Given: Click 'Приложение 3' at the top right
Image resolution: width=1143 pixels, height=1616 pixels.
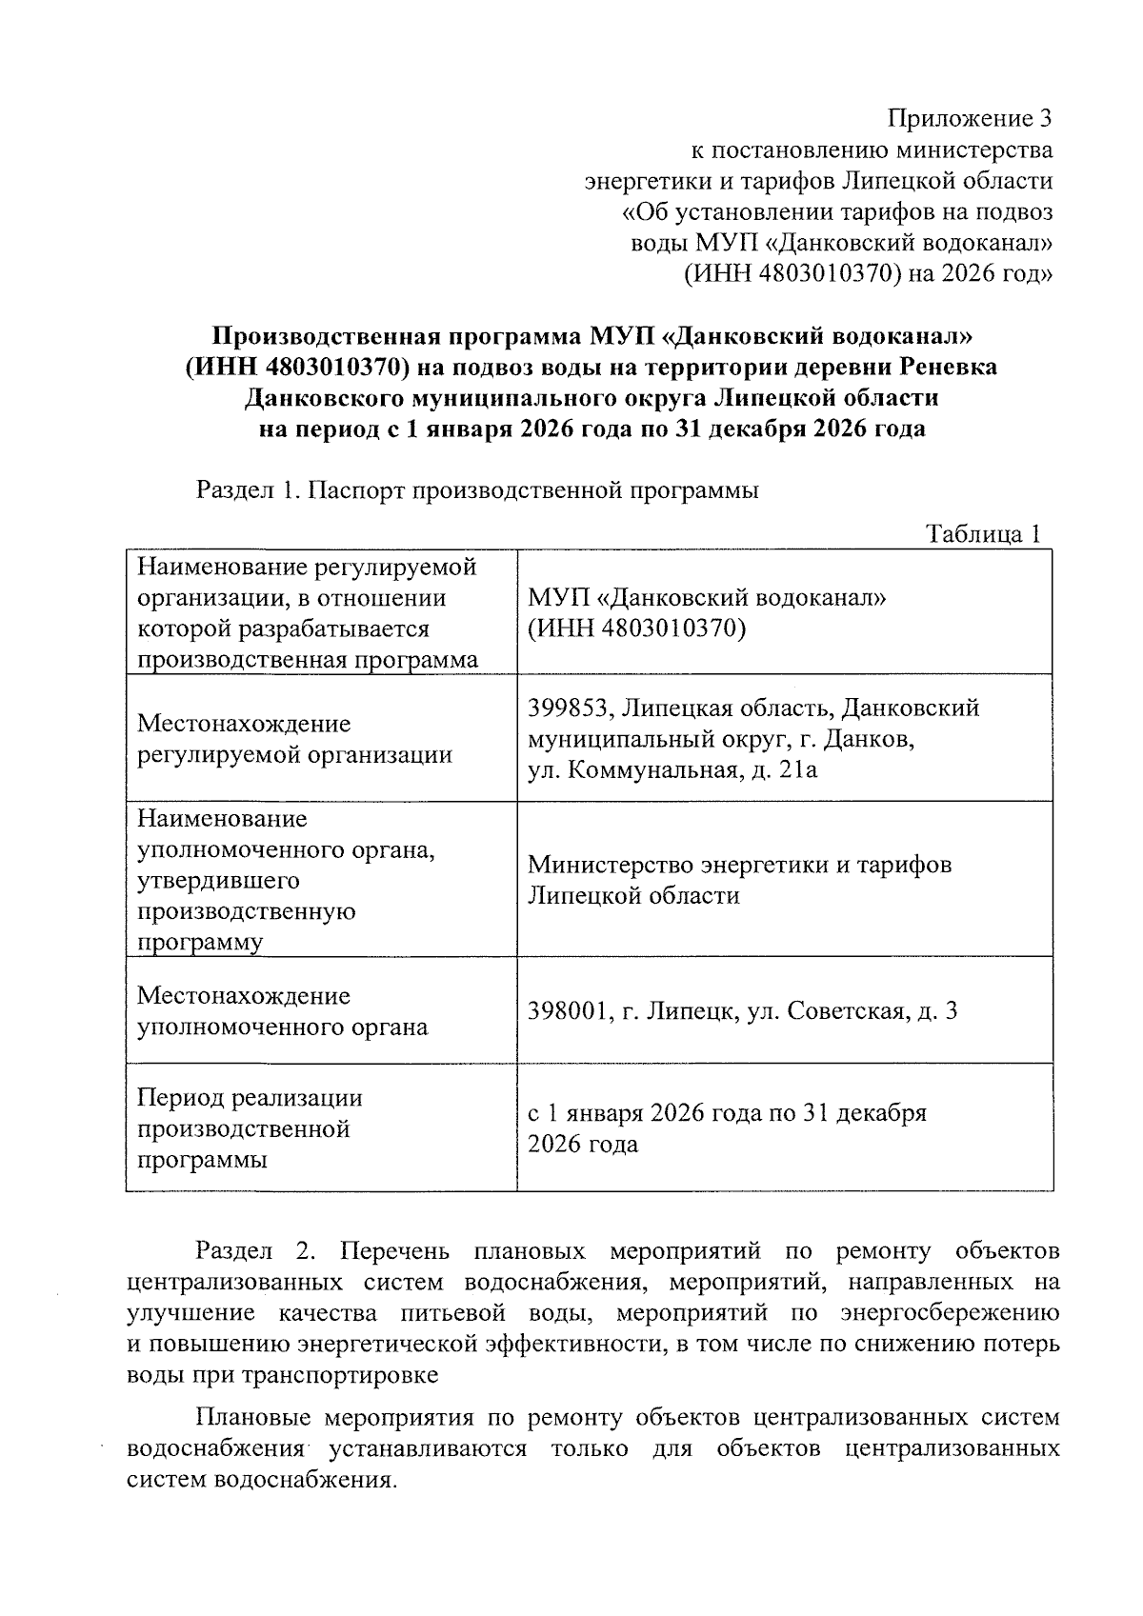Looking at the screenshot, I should [x=970, y=119].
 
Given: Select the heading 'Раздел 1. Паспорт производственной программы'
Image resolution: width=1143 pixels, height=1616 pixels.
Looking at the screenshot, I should [x=477, y=491].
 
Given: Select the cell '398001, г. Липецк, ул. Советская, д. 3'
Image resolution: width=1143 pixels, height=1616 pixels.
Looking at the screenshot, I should [x=742, y=1010].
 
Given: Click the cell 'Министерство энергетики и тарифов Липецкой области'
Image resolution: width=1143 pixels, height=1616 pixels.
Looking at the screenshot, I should [x=739, y=880].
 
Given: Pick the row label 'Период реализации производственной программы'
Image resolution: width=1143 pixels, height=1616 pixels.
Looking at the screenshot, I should [x=250, y=1128].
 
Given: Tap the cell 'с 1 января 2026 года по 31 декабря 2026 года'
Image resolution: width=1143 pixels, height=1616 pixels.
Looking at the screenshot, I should [x=727, y=1128].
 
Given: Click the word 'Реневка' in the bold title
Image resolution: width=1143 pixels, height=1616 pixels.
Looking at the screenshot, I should [x=948, y=367].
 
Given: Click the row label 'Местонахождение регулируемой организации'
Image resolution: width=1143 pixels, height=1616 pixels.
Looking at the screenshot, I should [x=294, y=739].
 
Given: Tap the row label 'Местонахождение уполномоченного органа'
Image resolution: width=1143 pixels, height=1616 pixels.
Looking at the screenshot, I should [x=282, y=1011].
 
